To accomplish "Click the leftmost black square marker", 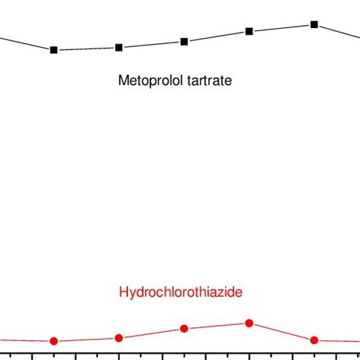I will (x=54, y=50).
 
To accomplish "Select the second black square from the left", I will (x=119, y=47).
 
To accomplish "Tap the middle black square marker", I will (x=185, y=41).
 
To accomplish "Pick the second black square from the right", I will (x=249, y=31).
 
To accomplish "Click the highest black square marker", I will (x=314, y=24).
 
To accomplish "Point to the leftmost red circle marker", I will (x=54, y=341).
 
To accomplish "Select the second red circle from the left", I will (x=119, y=338).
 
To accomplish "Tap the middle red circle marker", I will (x=185, y=328).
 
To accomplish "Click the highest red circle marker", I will (x=249, y=324).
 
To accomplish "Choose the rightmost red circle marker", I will (x=314, y=340).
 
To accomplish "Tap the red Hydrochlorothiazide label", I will (x=181, y=292).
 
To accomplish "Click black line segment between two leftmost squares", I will (x=87, y=49).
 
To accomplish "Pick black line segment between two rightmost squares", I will (x=282, y=28).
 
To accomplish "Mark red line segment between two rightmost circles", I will (x=282, y=332).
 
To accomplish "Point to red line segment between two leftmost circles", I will (x=87, y=339).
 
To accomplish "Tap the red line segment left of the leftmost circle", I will (x=23, y=340).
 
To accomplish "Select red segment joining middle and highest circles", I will (x=217, y=326).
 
